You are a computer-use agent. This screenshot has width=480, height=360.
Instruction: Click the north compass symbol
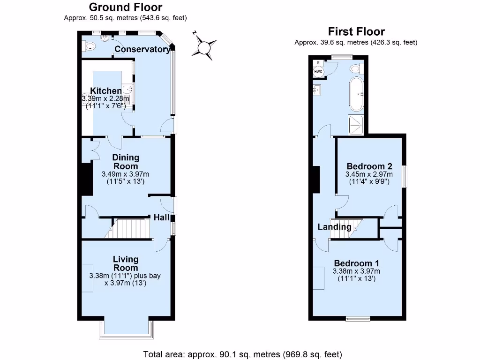pyautogui.click(x=204, y=47)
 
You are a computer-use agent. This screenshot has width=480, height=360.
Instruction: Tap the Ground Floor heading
pyautogui.click(x=126, y=7)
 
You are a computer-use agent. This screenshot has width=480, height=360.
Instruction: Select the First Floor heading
pyautogui.click(x=356, y=31)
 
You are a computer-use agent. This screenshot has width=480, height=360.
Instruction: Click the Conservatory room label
pyautogui.click(x=142, y=49)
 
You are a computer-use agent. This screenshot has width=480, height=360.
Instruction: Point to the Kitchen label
pyautogui.click(x=106, y=90)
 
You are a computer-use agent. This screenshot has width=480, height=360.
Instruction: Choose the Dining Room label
pyautogui.click(x=125, y=162)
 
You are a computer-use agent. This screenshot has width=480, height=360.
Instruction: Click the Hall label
pyautogui.click(x=162, y=217)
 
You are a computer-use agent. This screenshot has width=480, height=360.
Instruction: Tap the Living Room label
pyautogui.click(x=125, y=263)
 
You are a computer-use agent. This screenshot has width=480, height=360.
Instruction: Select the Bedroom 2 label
pyautogui.click(x=369, y=166)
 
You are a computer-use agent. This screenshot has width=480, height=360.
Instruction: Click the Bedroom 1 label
pyautogui.click(x=356, y=263)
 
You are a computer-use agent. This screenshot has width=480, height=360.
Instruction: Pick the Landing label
pyautogui.click(x=334, y=227)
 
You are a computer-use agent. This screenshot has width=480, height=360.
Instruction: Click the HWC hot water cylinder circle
pyautogui.click(x=318, y=71)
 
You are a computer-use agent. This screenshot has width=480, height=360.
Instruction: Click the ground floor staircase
pyautogui.click(x=132, y=228)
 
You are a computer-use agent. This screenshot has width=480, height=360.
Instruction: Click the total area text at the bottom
pyautogui.click(x=243, y=353)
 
